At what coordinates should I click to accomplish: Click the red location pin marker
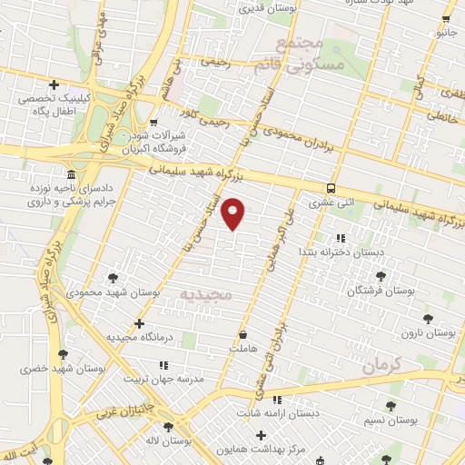233,214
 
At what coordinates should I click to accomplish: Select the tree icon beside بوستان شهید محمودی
113,278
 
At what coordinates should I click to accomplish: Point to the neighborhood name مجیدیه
206,295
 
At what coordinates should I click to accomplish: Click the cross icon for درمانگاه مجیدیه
138,322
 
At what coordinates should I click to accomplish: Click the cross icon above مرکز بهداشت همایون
262,435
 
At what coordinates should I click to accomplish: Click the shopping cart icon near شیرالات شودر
153,123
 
